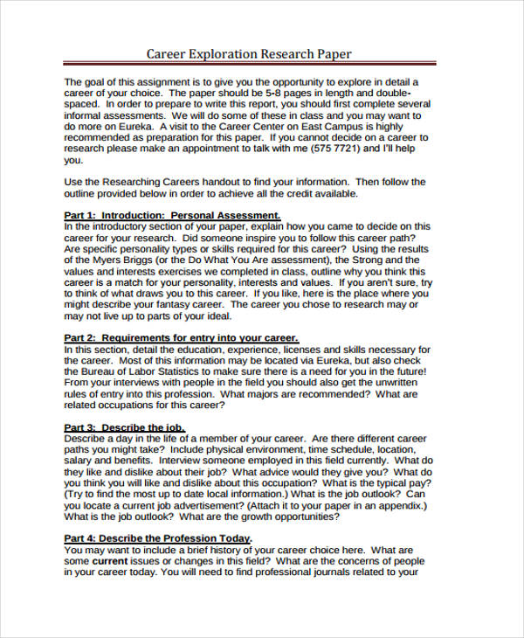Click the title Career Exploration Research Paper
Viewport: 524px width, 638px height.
tap(249, 54)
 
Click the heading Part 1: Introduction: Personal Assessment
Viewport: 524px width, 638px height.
tap(172, 215)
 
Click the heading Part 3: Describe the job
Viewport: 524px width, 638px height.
tap(124, 427)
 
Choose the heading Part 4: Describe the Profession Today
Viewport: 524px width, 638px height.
tap(158, 538)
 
